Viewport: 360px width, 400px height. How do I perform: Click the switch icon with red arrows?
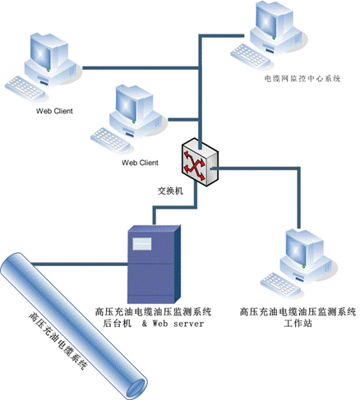click(x=201, y=163)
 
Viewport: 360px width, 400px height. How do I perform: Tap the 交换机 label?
click(x=170, y=191)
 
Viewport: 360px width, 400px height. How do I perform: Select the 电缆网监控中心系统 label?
click(x=302, y=79)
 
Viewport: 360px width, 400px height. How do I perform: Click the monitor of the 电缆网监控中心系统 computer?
click(x=267, y=19)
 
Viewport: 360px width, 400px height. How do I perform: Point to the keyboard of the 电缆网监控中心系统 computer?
click(x=248, y=57)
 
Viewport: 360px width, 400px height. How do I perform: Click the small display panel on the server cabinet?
click(x=142, y=244)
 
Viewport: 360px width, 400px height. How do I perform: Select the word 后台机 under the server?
click(x=117, y=324)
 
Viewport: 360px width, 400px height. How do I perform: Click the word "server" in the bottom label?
click(x=189, y=324)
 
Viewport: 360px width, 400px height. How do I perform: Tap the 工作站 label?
click(x=298, y=324)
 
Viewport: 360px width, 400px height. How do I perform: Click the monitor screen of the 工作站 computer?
click(x=296, y=249)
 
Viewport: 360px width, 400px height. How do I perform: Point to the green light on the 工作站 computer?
click(x=303, y=266)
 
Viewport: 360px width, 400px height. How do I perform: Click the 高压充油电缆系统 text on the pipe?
click(x=58, y=340)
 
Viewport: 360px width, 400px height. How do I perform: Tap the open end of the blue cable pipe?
click(x=136, y=389)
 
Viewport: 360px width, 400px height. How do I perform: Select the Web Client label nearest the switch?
click(x=140, y=163)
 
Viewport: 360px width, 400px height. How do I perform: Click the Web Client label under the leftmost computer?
click(x=54, y=111)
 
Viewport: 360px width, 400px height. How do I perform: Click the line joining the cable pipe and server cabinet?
click(x=80, y=264)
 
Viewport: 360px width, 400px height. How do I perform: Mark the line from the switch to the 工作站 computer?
click(x=299, y=168)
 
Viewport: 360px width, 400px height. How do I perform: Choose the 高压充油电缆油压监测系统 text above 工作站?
click(x=298, y=312)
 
